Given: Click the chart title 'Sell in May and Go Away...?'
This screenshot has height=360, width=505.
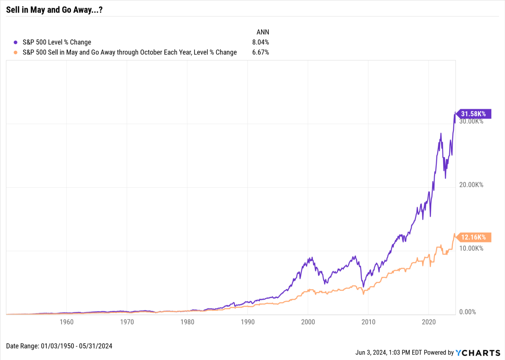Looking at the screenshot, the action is [x=54, y=10].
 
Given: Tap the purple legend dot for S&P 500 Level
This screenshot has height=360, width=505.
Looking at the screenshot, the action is [x=15, y=42].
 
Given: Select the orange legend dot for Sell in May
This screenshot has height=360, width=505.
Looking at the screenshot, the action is [x=15, y=53].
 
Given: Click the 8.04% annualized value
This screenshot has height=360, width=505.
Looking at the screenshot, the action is [x=261, y=42].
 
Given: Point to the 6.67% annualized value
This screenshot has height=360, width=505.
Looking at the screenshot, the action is [x=261, y=52].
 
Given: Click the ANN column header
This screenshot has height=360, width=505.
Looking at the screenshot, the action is [x=263, y=32].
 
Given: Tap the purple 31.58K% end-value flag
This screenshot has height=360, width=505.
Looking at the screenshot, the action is [x=473, y=114].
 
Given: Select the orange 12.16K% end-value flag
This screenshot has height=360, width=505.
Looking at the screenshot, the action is [x=473, y=237].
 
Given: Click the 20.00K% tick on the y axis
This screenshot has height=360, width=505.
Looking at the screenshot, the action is [x=471, y=185].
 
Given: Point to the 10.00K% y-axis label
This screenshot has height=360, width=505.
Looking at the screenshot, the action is [x=471, y=249].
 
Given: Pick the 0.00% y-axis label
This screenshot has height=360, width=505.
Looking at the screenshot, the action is [x=468, y=312].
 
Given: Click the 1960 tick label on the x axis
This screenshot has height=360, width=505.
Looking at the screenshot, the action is [x=67, y=322].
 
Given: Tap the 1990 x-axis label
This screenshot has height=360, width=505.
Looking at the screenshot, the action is [x=248, y=322].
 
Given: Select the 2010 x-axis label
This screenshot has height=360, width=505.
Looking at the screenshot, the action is [x=369, y=322].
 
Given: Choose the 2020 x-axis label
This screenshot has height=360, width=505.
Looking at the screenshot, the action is [x=429, y=322].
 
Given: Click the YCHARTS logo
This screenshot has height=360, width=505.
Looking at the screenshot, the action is [x=478, y=353].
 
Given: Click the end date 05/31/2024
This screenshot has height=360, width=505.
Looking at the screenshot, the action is [x=96, y=346].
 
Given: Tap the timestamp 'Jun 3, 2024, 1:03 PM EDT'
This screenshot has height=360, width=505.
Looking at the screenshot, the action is [x=389, y=352].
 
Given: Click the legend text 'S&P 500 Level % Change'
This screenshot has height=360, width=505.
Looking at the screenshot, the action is [x=57, y=42].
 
